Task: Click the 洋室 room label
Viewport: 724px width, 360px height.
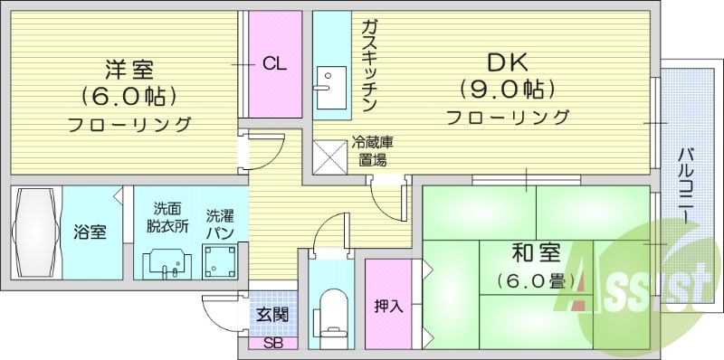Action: [128, 69]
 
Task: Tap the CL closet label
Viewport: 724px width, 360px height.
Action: [275, 63]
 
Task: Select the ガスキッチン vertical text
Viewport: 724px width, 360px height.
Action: [369, 65]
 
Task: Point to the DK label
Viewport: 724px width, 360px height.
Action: [507, 62]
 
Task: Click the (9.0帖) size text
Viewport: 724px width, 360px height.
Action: [507, 90]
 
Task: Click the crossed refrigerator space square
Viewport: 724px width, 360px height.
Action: [328, 155]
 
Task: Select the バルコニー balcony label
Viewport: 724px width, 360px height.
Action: [686, 185]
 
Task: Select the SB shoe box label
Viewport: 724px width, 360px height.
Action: [271, 344]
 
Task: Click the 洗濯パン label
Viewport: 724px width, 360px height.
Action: [220, 224]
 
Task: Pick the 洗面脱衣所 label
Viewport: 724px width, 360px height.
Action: [168, 218]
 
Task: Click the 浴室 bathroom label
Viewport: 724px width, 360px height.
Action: [90, 232]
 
